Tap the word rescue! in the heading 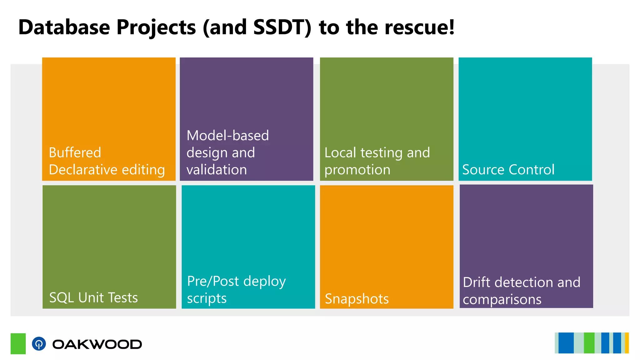420,27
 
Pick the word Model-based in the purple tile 227,136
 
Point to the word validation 217,170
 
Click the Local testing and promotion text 377,161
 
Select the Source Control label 508,170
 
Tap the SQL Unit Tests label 93,297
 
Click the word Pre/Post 213,281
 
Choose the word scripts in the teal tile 207,298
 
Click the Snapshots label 357,299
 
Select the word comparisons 502,299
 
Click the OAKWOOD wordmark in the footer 97,344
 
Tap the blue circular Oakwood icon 39,344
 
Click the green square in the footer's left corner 18,343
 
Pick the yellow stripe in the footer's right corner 627,343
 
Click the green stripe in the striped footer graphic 589,343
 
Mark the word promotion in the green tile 357,170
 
